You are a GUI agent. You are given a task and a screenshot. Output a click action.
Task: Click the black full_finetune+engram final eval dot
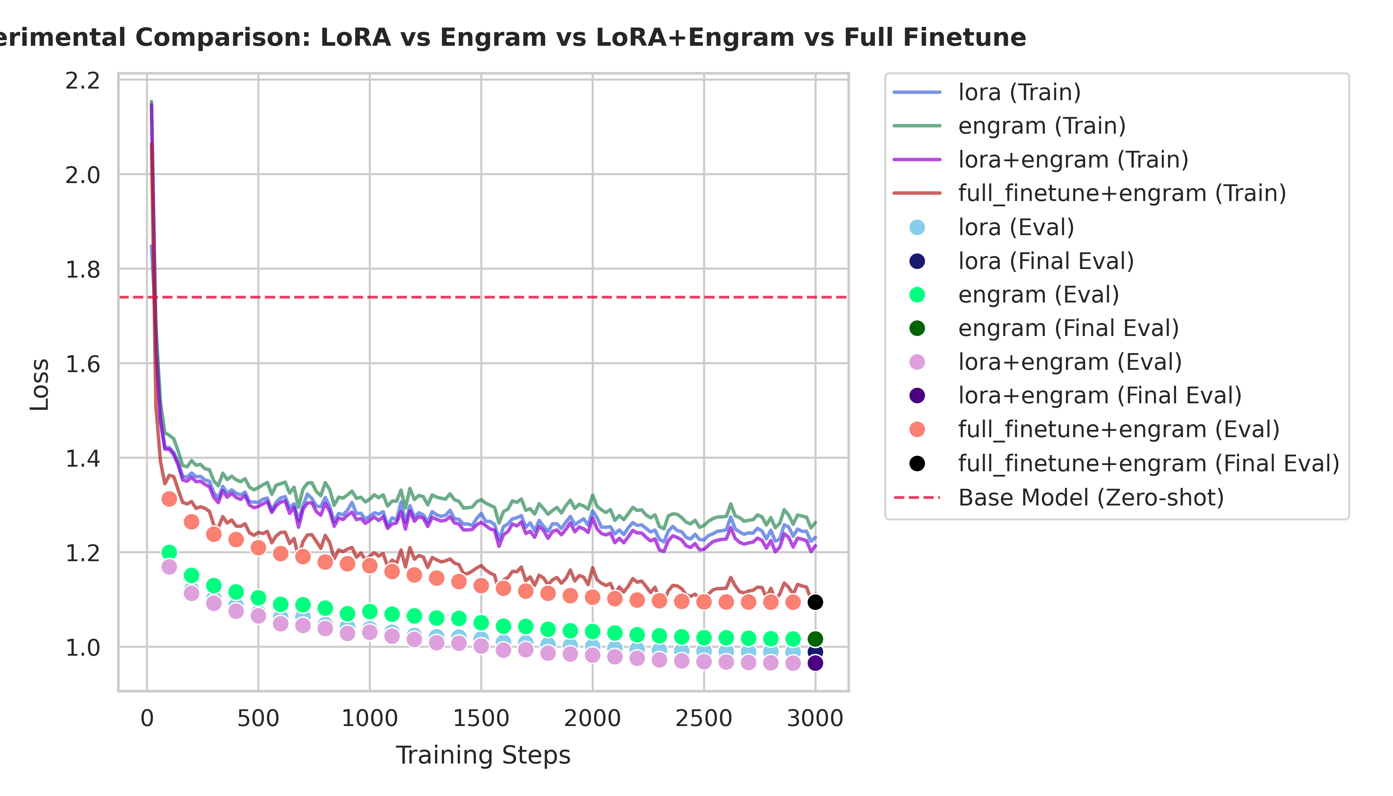(815, 602)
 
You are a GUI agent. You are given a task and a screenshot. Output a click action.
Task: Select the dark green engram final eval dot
(815, 638)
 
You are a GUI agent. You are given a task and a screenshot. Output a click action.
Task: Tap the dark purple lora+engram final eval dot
(815, 663)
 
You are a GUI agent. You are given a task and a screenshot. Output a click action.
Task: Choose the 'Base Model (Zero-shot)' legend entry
(1091, 497)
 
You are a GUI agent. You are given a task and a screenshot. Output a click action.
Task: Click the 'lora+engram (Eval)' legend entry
(1070, 362)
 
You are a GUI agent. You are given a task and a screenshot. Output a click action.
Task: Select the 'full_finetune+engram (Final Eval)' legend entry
(1148, 464)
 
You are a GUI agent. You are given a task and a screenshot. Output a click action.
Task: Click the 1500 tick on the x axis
(481, 718)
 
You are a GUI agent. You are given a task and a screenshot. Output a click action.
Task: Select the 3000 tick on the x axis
(815, 718)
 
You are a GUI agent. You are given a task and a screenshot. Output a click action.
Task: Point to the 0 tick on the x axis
(147, 718)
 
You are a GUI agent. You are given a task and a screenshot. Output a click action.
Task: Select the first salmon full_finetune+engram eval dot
(169, 498)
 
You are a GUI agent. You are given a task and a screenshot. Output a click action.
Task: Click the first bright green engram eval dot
(169, 552)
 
